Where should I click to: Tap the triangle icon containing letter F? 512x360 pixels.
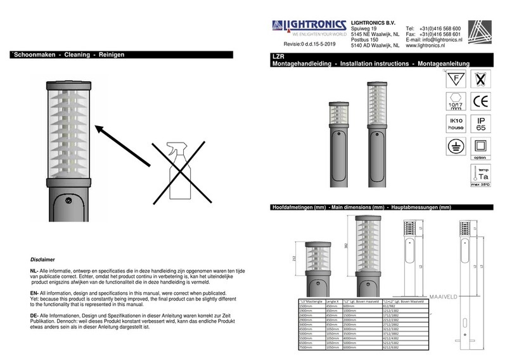(x=456, y=81)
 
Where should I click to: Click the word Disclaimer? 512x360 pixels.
(x=42, y=260)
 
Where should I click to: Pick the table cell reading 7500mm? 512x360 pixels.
(x=306, y=347)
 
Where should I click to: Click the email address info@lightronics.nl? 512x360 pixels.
(x=433, y=41)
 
